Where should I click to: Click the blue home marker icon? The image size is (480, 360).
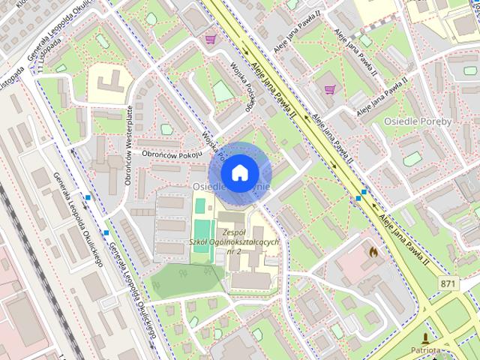click(239, 173)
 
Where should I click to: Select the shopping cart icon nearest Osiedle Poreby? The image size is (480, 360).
click(329, 89)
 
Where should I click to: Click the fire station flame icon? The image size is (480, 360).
click(373, 252)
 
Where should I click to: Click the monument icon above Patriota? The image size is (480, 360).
click(427, 338)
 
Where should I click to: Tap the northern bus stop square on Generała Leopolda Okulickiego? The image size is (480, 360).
click(88, 198)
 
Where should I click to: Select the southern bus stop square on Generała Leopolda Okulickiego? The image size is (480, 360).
click(106, 232)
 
